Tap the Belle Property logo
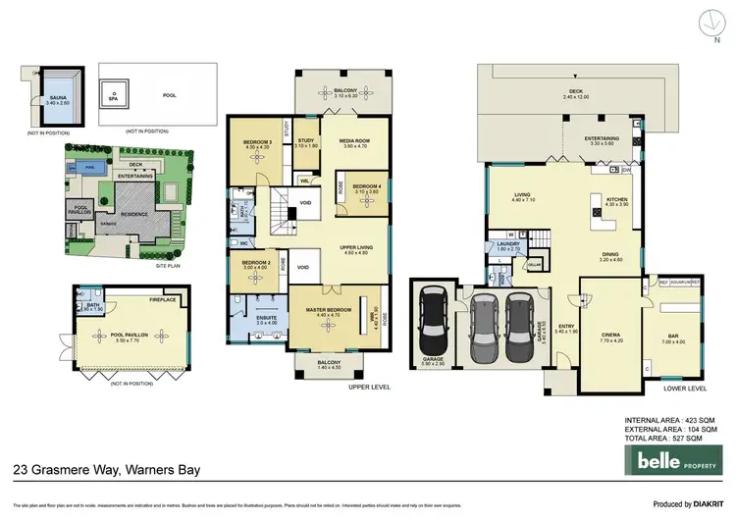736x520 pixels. (676, 460)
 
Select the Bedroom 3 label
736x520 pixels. (257, 145)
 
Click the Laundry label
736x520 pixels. (507, 245)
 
